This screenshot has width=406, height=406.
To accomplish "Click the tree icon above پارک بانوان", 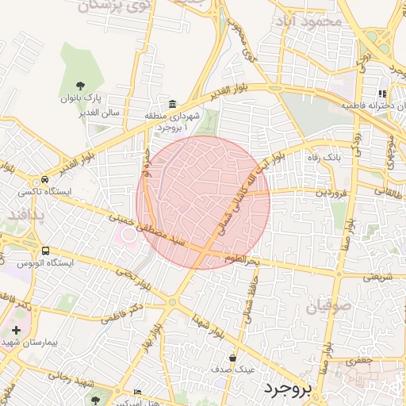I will point(79,85).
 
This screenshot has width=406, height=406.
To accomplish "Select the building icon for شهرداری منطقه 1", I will point(173,104).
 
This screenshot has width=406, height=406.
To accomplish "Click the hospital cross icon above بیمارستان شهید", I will point(16,329).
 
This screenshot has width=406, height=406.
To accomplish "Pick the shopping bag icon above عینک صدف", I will point(232,358).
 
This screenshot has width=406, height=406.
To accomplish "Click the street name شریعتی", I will point(376,277).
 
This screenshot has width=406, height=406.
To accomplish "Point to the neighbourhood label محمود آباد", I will point(316,20).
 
